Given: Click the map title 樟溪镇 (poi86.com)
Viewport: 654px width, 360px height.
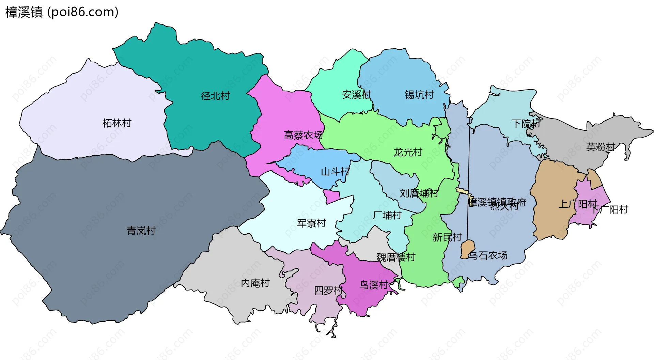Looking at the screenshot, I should coord(62,12).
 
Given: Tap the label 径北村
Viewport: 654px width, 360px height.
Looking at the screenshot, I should coord(215,96).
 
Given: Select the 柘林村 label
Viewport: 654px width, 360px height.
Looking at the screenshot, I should coord(117,123).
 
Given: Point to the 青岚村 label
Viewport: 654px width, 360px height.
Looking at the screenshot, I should coord(141,231).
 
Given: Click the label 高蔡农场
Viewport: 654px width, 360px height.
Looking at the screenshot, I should coord(303,135).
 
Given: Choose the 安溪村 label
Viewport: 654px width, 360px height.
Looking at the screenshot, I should coord(356,95).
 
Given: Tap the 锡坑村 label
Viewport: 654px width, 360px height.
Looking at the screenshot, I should coord(419,95).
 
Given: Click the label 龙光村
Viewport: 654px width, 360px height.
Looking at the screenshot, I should coord(408,152).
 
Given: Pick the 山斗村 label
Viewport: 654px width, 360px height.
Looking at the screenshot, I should coord(335,172).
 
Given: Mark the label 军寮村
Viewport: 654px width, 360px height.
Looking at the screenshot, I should coord(311,223).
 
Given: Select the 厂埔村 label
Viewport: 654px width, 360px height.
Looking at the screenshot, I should coord(387,215).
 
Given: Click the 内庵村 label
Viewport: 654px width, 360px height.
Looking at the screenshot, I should coord(255,283).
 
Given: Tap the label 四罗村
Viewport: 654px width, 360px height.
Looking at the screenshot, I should coord(328,291).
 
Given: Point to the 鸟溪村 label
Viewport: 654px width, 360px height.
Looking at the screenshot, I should coord(374,285).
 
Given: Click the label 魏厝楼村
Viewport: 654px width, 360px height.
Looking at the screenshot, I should coord(396,257).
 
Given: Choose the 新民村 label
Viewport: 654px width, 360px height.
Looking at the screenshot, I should coord(447,237).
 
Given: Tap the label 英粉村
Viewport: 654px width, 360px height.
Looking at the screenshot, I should coord(601,147).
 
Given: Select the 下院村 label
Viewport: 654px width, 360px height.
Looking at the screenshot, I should coord(526,123).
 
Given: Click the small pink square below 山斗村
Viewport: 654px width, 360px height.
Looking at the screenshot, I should coord(331,197).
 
